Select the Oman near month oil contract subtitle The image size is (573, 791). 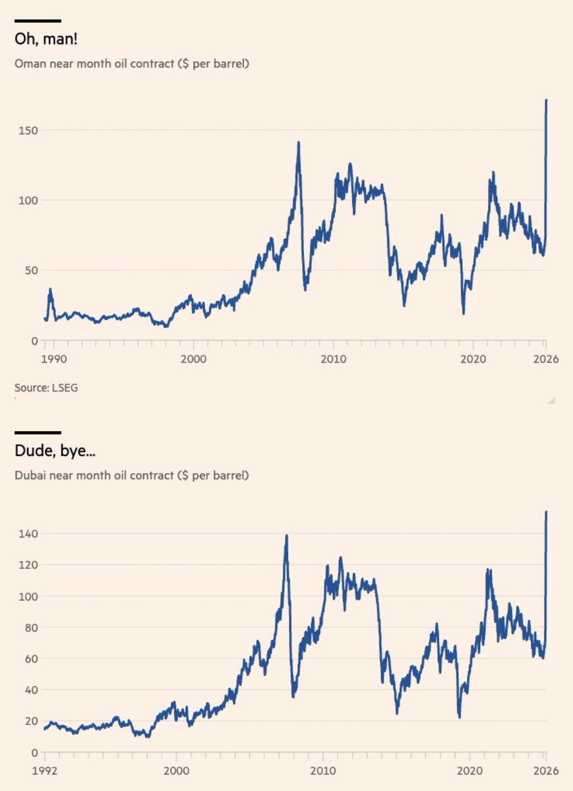coord(132,64)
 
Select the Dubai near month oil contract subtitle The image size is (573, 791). coord(132,475)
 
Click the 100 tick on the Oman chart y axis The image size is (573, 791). coord(28,200)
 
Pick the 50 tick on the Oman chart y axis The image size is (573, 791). coord(30,270)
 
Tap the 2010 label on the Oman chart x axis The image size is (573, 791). coord(333,359)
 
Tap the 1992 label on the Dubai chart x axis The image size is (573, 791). coord(44,770)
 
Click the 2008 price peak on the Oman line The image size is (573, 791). coord(298,142)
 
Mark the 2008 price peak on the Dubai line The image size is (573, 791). coord(286,535)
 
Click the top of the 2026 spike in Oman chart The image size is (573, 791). coord(547,100)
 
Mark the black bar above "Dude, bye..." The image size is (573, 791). coord(38,432)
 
